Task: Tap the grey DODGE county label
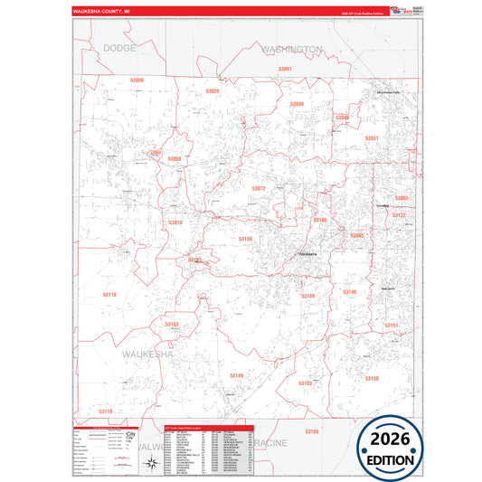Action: [119, 47]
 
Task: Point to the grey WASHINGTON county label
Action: [292, 49]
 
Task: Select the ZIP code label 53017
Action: [286, 69]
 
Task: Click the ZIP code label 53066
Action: [137, 80]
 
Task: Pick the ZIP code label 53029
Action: [213, 91]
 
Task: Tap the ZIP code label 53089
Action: [297, 105]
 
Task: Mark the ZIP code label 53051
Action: [371, 137]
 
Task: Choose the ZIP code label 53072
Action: [259, 188]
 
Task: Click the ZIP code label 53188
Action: [245, 239]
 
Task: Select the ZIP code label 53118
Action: [109, 295]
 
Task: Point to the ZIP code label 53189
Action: [308, 296]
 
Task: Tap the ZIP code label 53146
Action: [350, 292]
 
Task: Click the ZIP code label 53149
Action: [236, 375]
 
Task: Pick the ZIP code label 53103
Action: [305, 383]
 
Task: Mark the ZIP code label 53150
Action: [372, 378]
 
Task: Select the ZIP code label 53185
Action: [312, 432]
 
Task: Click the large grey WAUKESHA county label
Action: [146, 354]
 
